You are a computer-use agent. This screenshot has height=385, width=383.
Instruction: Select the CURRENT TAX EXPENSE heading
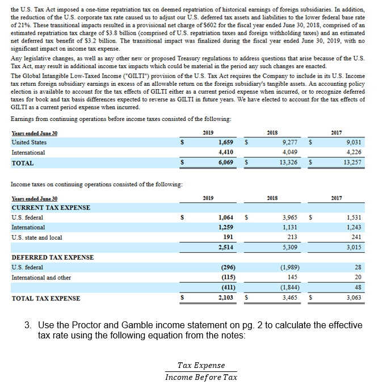click(50, 207)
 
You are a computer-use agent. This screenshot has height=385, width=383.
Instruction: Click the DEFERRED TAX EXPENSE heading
click(52, 257)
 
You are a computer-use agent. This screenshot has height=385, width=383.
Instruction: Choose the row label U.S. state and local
click(37, 237)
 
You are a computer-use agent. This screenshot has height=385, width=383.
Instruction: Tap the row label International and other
click(41, 278)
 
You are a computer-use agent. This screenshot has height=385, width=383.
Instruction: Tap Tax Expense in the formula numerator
click(201, 365)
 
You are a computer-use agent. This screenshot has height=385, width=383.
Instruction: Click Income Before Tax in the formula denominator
click(201, 376)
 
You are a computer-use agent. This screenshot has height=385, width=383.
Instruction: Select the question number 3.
click(27, 325)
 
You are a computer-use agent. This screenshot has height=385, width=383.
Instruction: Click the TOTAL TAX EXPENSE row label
click(46, 299)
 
